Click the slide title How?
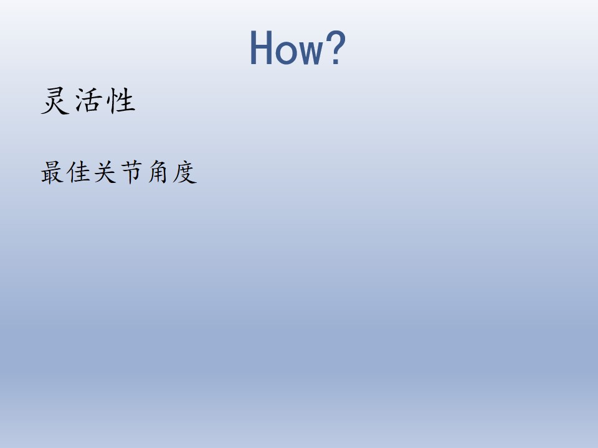click(298, 48)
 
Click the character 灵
click(55, 101)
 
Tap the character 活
click(89, 101)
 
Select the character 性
click(121, 101)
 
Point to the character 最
click(52, 172)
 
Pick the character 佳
click(78, 172)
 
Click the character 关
click(105, 172)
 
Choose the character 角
click(158, 172)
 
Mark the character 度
click(184, 172)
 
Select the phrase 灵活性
click(88, 101)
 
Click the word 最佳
click(65, 172)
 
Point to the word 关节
click(118, 172)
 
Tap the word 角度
click(173, 172)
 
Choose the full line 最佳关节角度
click(119, 172)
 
